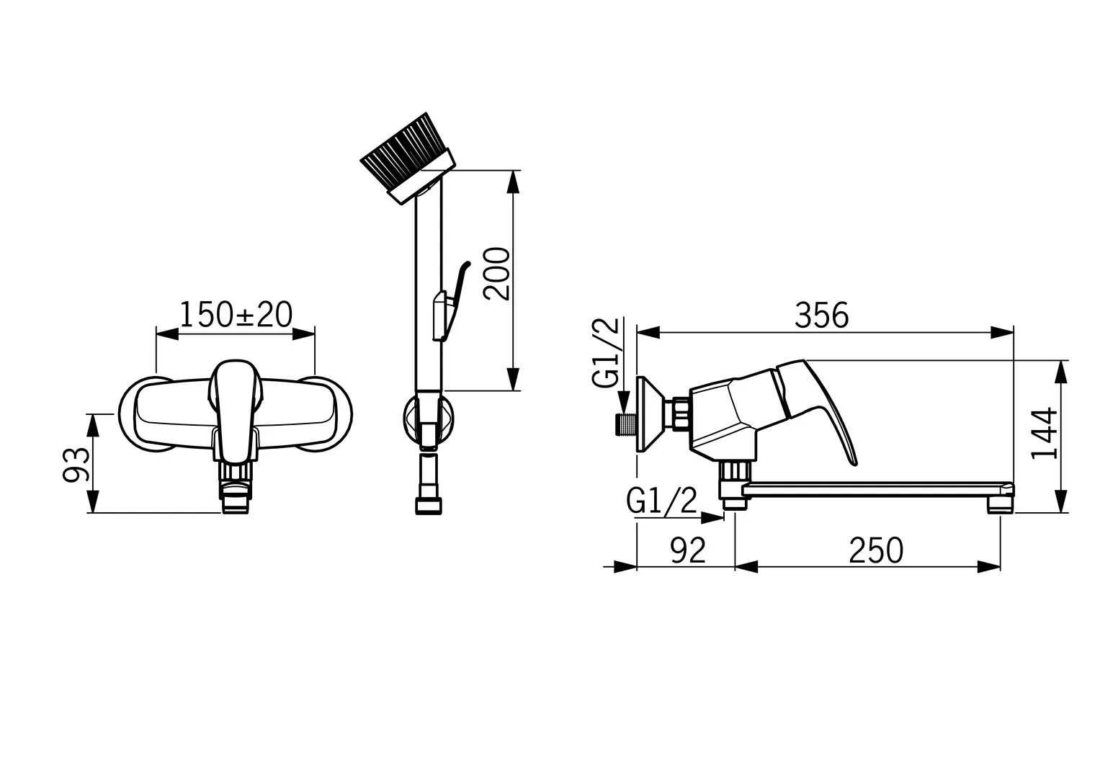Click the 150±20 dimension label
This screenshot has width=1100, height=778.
(x=236, y=314)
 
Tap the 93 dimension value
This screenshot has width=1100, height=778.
(x=76, y=465)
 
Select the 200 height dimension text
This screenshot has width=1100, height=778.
(x=496, y=274)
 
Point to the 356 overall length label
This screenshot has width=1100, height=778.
(x=821, y=316)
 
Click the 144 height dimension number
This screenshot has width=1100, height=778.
(x=1044, y=433)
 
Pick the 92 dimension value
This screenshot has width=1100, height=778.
(x=688, y=550)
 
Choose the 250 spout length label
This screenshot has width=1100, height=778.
(x=876, y=550)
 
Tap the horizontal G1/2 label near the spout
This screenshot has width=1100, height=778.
(x=661, y=501)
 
